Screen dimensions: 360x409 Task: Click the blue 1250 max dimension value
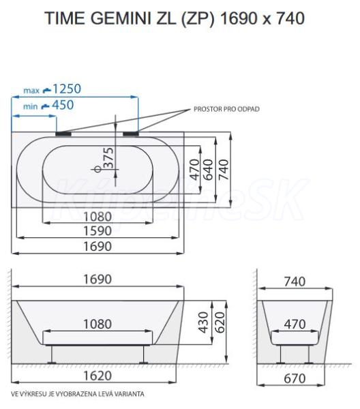click(67, 89)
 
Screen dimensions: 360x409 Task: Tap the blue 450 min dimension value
click(63, 105)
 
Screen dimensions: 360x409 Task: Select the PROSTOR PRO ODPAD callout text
click(226, 109)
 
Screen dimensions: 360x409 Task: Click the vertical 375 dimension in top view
click(109, 158)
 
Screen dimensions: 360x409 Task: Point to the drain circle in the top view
click(97, 169)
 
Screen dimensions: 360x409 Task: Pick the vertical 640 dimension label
click(208, 170)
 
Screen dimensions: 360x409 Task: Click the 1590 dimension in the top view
click(97, 231)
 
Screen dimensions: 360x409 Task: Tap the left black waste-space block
click(63, 134)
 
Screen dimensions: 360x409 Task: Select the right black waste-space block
click(131, 134)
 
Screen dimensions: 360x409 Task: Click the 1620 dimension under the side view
click(97, 376)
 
